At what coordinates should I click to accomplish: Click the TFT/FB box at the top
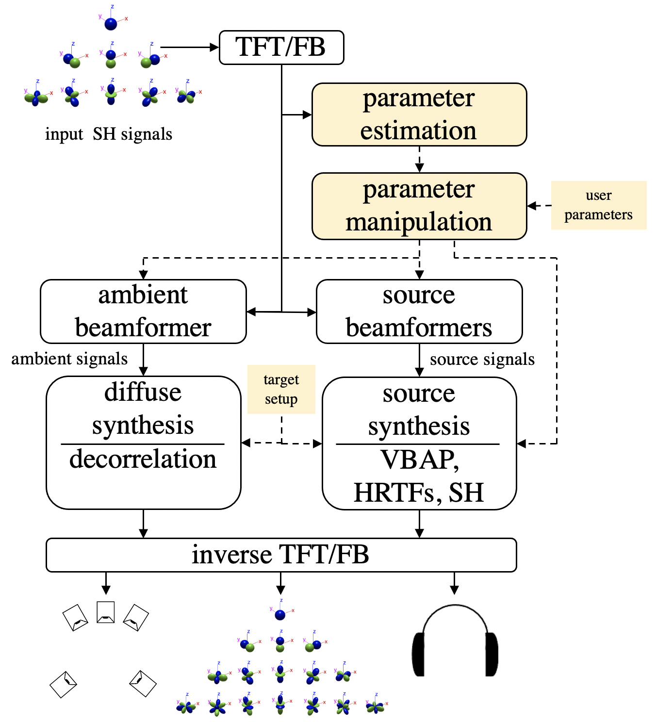281,48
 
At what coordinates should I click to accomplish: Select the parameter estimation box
419,115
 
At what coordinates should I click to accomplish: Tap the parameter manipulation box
419,206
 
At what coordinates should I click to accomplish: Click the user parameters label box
598,205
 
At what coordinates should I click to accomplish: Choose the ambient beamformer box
143,312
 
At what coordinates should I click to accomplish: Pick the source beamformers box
419,312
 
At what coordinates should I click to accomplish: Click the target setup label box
281,389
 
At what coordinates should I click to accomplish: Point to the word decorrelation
143,459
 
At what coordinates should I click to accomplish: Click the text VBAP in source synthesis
419,459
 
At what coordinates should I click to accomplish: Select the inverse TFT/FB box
281,555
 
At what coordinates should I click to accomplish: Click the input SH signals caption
109,134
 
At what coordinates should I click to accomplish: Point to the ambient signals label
69,359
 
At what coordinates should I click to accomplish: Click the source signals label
482,359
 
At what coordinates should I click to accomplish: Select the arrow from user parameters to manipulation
539,206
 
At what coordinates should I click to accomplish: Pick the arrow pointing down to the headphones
454,583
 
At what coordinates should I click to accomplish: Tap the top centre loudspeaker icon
106,612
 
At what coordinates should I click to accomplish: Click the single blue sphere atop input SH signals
111,23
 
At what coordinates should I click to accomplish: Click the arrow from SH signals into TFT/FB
189,47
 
